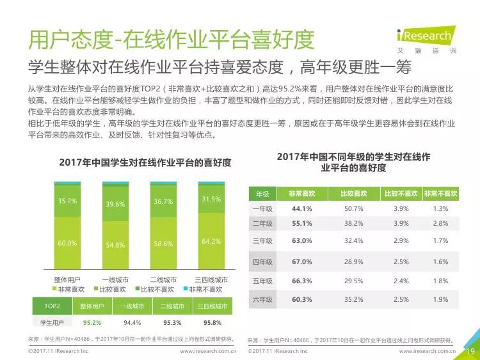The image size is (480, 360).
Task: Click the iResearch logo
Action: (425, 37)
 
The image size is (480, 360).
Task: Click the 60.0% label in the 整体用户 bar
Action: (67, 243)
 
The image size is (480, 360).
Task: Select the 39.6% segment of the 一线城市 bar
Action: (115, 204)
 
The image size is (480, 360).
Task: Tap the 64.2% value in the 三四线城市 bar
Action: (211, 241)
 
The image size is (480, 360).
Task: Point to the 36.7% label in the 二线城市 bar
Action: (163, 201)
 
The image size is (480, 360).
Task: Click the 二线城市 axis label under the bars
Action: (163, 280)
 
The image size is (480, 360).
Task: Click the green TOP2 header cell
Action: (52, 306)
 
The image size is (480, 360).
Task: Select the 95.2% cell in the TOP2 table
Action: (92, 322)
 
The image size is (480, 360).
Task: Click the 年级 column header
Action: (262, 194)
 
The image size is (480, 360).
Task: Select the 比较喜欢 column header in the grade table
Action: (353, 194)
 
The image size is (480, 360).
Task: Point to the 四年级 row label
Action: (262, 262)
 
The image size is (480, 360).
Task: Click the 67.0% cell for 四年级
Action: (301, 262)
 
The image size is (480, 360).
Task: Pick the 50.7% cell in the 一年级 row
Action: (353, 209)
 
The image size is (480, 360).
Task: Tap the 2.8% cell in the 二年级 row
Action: (440, 223)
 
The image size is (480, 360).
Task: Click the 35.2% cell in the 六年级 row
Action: (353, 299)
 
